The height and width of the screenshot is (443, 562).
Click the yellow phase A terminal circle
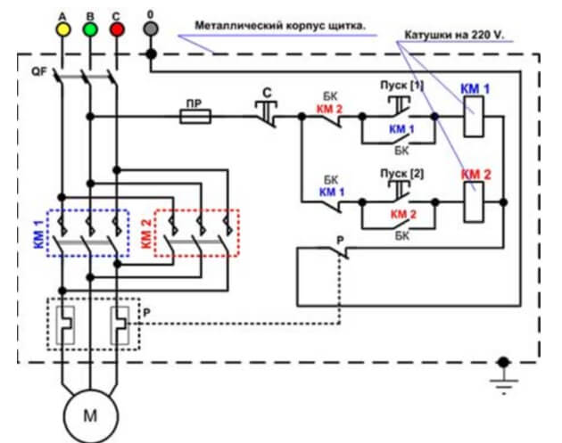click(62, 29)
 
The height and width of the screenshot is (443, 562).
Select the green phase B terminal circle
click(90, 29)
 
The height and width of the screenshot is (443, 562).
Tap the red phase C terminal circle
click(117, 29)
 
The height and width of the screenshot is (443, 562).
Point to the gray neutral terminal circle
click(151, 29)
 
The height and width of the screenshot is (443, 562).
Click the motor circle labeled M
click(90, 416)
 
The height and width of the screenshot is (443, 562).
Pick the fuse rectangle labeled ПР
click(195, 117)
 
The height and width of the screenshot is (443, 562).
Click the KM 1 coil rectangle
click(474, 117)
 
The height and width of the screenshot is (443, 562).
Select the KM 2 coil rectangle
click(474, 202)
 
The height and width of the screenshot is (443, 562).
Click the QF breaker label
click(39, 71)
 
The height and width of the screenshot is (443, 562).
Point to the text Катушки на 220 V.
click(454, 35)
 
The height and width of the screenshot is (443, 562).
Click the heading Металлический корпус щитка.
click(280, 26)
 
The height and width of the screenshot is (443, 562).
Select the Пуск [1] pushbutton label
click(401, 86)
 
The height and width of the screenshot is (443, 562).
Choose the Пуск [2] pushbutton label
click(401, 174)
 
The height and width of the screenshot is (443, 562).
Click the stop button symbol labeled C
click(266, 111)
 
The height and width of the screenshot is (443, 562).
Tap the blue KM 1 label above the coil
click(475, 89)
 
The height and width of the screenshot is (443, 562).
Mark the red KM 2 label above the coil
click(475, 175)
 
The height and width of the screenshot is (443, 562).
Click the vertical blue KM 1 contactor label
click(38, 234)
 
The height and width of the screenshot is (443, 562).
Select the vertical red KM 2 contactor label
click(146, 234)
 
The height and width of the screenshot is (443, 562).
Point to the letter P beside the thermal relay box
click(146, 313)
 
